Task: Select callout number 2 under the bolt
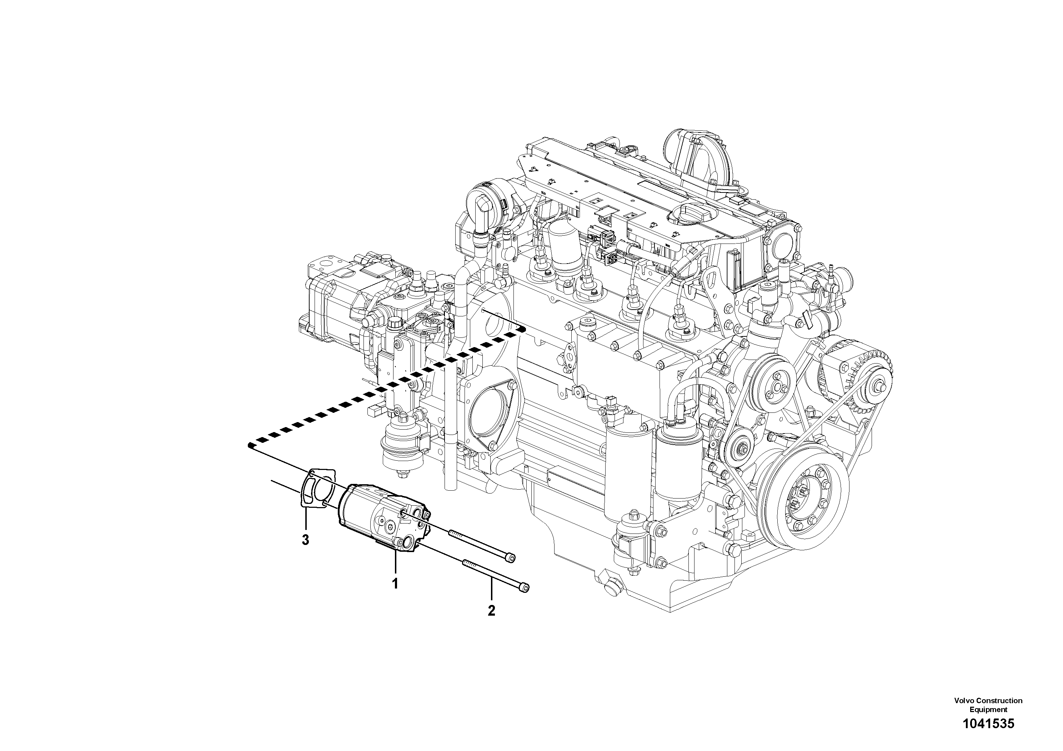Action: point(491,611)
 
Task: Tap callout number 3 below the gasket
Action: point(305,540)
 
